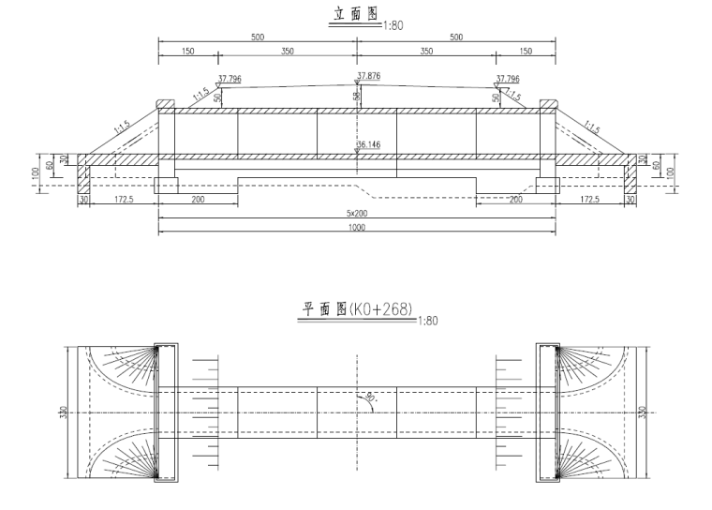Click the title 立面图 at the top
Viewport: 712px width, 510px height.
[355, 17]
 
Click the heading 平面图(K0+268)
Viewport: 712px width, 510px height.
[355, 307]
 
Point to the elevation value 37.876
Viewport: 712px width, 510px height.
[369, 75]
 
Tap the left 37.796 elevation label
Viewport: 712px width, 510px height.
[230, 80]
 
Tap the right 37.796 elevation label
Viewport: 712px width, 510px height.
[508, 80]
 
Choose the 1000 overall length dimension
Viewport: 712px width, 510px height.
[356, 228]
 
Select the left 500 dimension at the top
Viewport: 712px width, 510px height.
[258, 37]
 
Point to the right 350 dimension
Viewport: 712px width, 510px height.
[426, 52]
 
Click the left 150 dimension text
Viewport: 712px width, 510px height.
[187, 52]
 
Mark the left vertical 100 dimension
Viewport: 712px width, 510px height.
[35, 173]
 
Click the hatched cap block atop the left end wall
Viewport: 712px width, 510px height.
[165, 103]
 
